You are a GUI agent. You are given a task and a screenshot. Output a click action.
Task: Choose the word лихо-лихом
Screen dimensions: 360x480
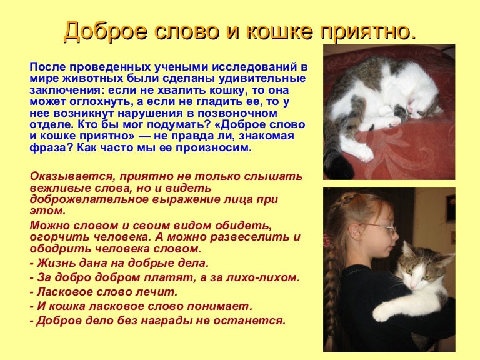[265, 277]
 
